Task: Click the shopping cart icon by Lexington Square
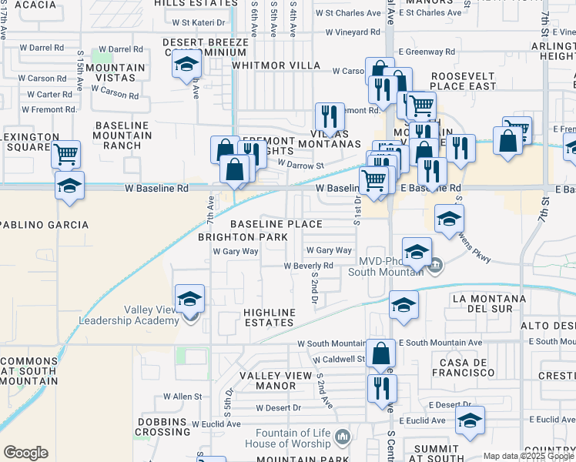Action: (66, 154)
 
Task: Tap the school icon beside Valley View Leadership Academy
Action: (189, 298)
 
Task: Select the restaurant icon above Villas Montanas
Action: (330, 116)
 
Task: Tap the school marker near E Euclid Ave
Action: (470, 420)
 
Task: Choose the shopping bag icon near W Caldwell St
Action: (380, 353)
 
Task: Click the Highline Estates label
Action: (269, 318)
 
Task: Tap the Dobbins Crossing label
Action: (164, 427)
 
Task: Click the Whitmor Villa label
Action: (276, 65)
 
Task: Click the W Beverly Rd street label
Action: (308, 266)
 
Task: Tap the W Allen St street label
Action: (182, 397)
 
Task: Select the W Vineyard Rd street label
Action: (353, 32)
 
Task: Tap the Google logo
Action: (25, 453)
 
